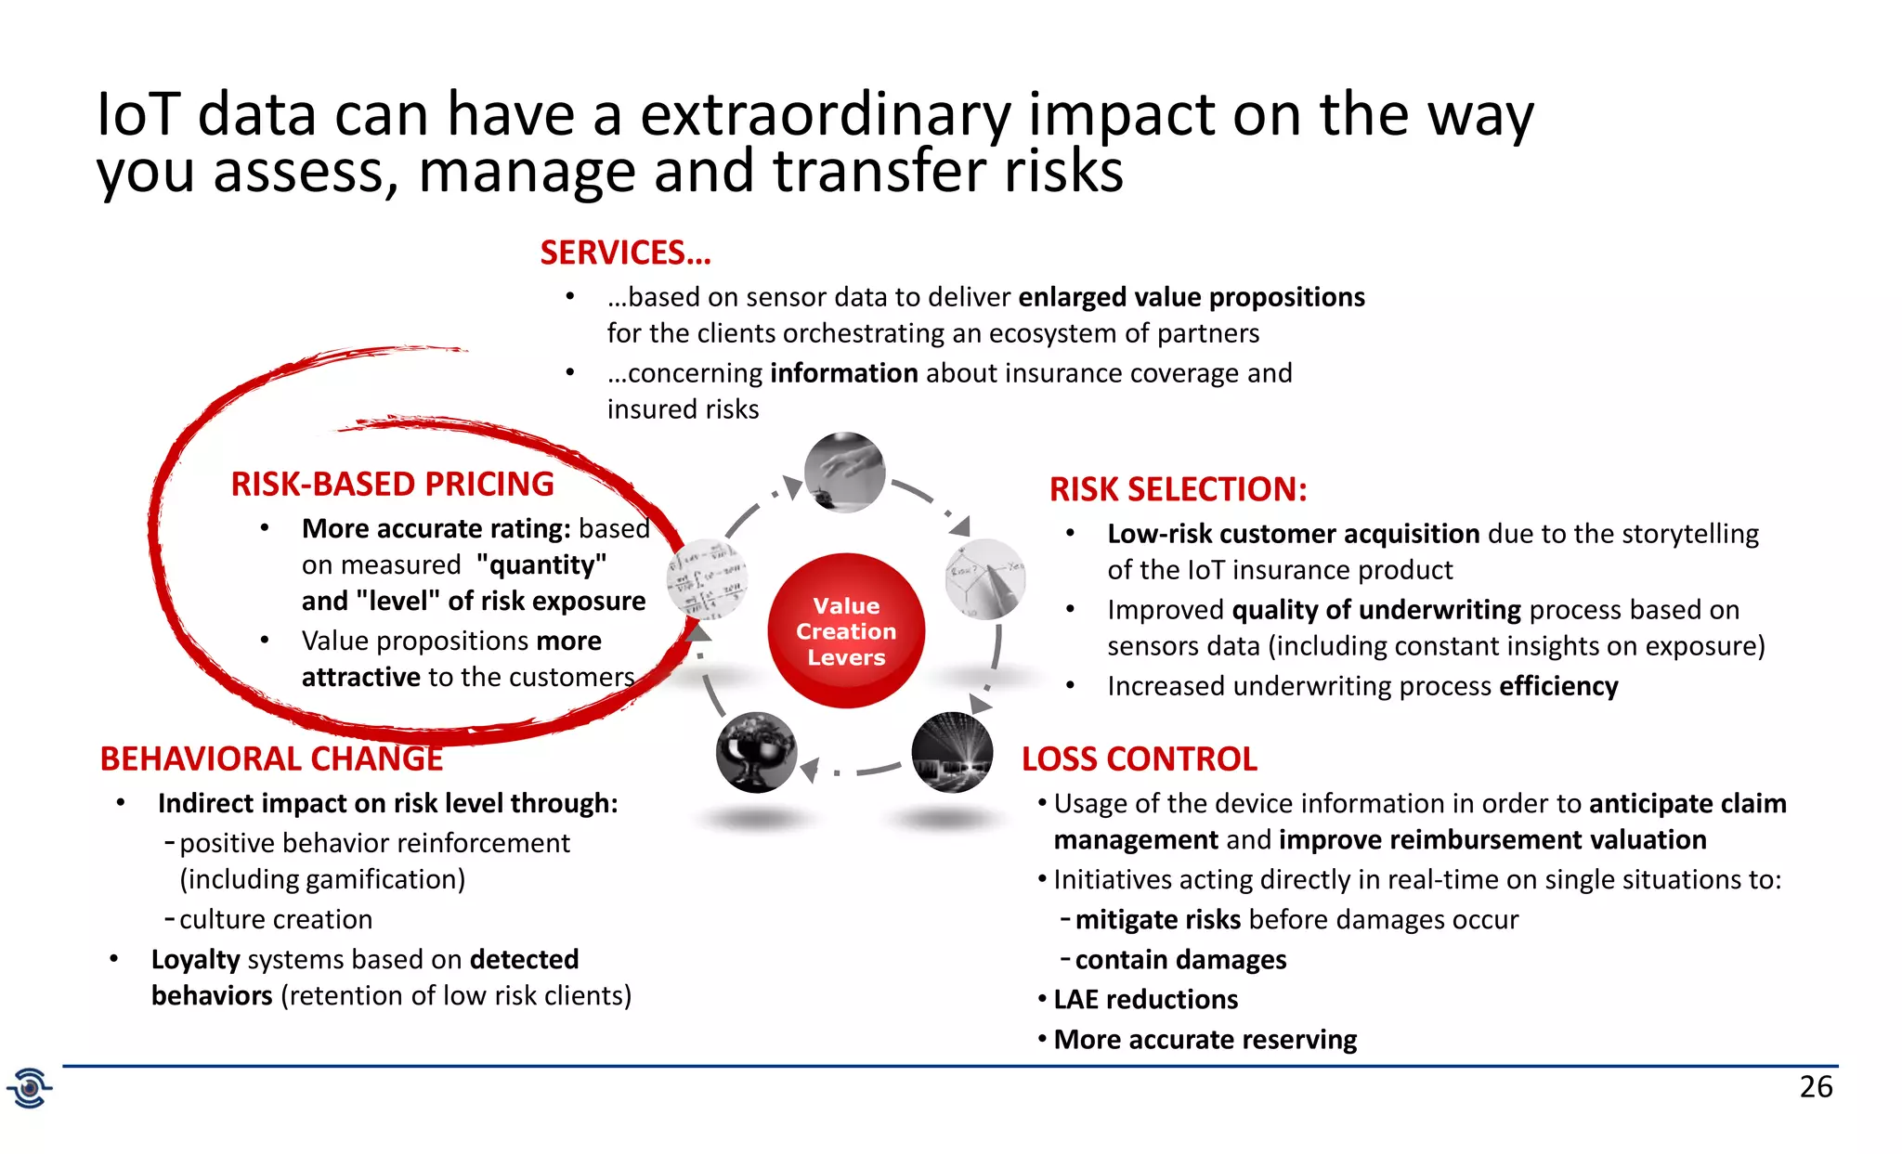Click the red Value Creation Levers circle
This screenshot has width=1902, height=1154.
pyautogui.click(x=846, y=631)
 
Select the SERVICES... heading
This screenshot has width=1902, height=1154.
pyautogui.click(x=625, y=253)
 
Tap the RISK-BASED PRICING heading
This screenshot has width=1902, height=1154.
pyautogui.click(x=392, y=485)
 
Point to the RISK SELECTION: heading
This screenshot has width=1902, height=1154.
pyautogui.click(x=1178, y=489)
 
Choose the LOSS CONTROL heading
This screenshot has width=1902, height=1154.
pyautogui.click(x=1139, y=759)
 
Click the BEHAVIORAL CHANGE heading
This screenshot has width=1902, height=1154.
pyautogui.click(x=271, y=759)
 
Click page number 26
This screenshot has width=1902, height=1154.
pyautogui.click(x=1816, y=1086)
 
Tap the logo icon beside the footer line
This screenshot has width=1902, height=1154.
pyautogui.click(x=30, y=1087)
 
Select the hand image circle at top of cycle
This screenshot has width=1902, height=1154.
pyautogui.click(x=844, y=473)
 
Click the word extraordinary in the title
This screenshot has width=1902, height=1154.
pyautogui.click(x=826, y=115)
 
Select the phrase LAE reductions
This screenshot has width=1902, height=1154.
pyautogui.click(x=1145, y=1000)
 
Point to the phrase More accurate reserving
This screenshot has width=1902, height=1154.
pyautogui.click(x=1205, y=1040)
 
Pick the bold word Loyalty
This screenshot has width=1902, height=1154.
pyautogui.click(x=196, y=960)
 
